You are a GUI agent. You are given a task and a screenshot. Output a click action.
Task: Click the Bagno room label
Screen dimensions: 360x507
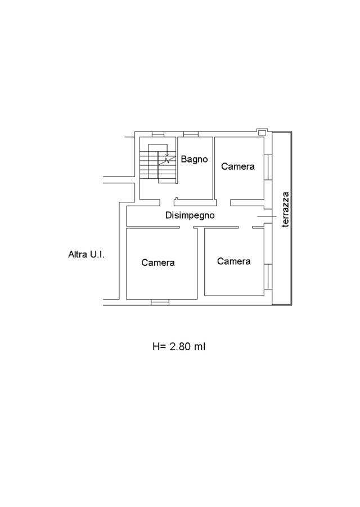point(194,159)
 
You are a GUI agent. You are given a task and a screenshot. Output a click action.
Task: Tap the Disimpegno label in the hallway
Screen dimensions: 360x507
point(190,215)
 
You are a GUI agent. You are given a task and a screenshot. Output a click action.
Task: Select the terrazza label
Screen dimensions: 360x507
point(285,210)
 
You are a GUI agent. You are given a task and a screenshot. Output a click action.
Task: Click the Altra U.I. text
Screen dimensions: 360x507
point(87,255)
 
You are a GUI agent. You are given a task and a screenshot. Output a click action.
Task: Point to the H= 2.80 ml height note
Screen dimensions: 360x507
point(179,347)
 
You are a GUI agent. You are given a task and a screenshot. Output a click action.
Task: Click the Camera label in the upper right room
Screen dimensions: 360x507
point(238,166)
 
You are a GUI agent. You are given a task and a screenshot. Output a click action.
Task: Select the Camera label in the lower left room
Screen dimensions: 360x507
point(158,262)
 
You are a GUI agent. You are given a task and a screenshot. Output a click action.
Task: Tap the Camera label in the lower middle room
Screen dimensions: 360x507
point(233,261)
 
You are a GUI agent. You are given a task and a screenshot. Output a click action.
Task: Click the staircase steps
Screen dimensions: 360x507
point(158,164)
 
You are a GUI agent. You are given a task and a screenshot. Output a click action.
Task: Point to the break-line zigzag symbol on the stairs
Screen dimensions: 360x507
point(167,159)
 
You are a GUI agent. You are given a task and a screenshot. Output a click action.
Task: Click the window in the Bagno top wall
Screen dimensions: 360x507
point(191,134)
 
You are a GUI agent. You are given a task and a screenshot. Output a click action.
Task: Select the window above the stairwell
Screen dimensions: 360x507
point(158,134)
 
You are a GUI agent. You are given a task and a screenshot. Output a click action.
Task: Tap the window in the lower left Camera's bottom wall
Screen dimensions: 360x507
point(160,302)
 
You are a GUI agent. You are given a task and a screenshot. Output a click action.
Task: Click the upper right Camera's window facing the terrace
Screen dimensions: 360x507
point(268,167)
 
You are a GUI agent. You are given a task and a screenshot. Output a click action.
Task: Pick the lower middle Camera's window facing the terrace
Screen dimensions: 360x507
point(268,277)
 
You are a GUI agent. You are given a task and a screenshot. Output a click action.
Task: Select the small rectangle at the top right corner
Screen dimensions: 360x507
point(262,133)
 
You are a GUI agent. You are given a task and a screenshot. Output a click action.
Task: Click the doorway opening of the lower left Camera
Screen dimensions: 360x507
point(186,228)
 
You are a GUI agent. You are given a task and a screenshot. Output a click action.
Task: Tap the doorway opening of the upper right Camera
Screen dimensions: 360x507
point(224,203)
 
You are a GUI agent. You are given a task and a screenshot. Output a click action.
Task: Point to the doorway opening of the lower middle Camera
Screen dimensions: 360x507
point(245,228)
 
